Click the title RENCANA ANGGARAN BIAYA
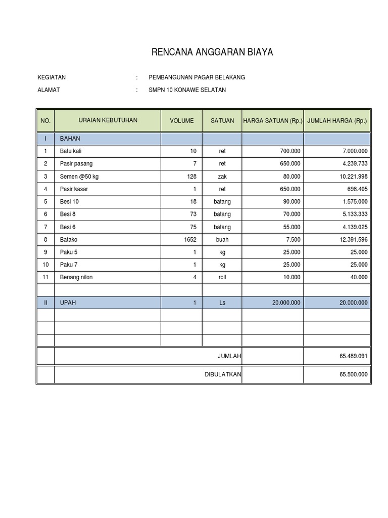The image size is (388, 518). (212, 52)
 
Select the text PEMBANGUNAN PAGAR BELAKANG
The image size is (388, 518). (197, 77)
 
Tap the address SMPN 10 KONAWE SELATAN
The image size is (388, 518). (187, 90)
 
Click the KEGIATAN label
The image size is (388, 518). (52, 77)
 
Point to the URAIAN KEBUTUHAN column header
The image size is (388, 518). (108, 120)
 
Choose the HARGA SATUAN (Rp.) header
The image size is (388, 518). (273, 121)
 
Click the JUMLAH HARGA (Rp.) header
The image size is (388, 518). (337, 121)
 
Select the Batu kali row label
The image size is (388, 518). (71, 151)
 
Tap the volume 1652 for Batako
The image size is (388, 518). (190, 239)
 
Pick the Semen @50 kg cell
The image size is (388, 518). (79, 177)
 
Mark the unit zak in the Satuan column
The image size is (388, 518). (222, 177)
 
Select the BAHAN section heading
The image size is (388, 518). (70, 139)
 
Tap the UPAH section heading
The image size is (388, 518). (69, 303)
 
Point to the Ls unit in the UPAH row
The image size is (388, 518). (222, 303)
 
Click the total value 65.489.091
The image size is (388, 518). (354, 356)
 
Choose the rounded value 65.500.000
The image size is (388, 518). (354, 375)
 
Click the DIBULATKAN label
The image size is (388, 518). (222, 375)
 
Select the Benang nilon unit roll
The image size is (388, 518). (222, 277)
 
